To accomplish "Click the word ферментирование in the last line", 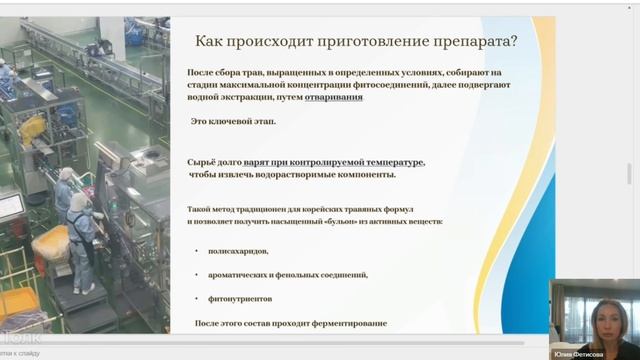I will pyautogui.click(x=346, y=324).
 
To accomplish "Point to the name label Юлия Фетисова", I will pyautogui.click(x=595, y=352).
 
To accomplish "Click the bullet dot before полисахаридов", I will pyautogui.click(x=197, y=250).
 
